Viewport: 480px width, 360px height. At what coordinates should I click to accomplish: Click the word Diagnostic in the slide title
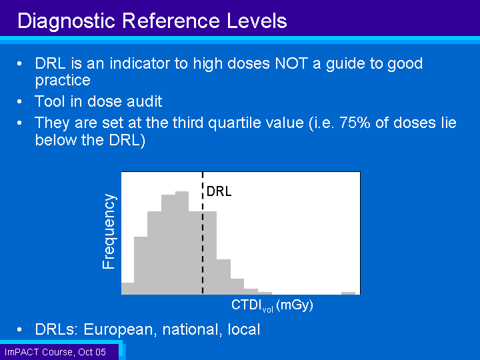(x=66, y=21)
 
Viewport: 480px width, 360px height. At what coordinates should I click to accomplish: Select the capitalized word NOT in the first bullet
(x=291, y=63)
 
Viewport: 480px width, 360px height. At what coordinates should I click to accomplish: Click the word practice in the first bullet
(x=63, y=81)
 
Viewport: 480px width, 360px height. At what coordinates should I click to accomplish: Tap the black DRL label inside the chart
(x=219, y=191)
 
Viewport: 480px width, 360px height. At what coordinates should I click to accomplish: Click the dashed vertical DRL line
(x=203, y=233)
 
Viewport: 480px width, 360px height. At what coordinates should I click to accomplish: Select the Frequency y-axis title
(x=109, y=231)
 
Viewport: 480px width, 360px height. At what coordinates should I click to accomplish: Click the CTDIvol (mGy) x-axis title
(x=272, y=305)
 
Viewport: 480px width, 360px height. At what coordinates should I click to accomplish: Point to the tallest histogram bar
(x=182, y=243)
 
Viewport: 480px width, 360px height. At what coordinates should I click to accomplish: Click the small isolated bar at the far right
(x=348, y=293)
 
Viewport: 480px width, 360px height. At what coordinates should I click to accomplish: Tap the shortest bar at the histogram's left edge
(x=127, y=289)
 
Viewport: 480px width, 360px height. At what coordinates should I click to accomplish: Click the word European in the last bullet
(x=118, y=330)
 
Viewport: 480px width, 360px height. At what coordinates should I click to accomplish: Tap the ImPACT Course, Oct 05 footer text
(x=55, y=352)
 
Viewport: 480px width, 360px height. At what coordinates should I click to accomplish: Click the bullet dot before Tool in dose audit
(x=19, y=101)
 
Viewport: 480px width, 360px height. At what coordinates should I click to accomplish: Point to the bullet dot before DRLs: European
(x=19, y=330)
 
